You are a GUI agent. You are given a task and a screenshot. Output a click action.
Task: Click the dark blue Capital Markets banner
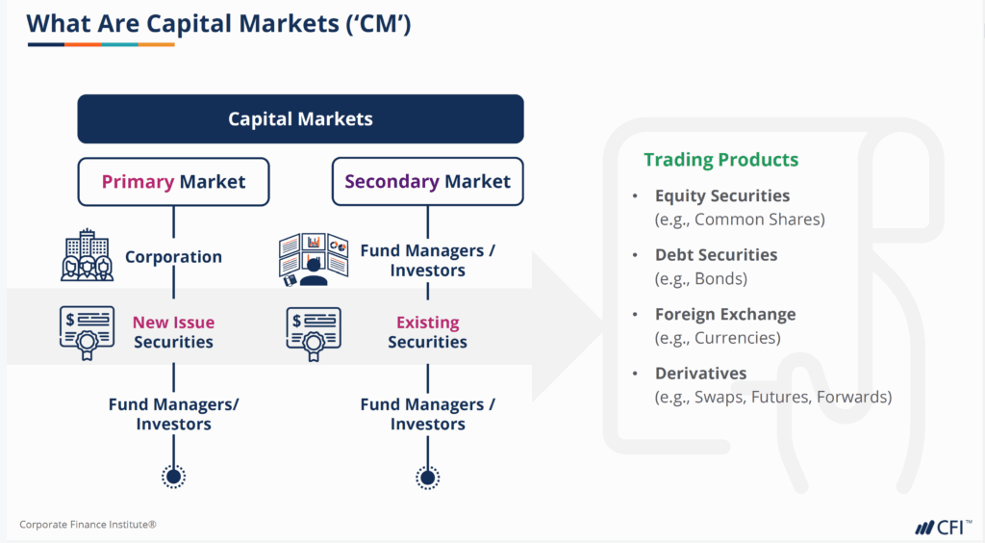[300, 119]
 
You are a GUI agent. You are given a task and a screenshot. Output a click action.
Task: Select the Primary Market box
[173, 181]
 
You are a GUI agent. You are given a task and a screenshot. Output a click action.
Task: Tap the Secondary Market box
[427, 181]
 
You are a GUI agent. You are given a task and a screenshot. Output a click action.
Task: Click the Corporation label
[173, 257]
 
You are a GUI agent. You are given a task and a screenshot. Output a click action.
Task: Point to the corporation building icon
[87, 256]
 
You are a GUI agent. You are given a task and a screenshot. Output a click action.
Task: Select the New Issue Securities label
[173, 332]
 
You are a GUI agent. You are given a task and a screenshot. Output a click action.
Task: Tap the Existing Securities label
[427, 332]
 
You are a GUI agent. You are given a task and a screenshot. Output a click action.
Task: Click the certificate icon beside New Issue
[87, 332]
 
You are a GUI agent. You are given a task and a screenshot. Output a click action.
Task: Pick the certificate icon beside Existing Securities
[314, 332]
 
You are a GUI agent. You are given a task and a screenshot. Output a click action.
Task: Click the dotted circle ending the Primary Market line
[173, 476]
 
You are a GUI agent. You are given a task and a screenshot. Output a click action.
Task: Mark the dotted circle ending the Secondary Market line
[427, 476]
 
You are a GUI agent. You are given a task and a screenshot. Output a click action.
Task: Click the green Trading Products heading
[720, 160]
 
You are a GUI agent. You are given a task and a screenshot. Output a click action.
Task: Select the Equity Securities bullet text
[722, 196]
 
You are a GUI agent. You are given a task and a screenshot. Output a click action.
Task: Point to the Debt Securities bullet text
[716, 255]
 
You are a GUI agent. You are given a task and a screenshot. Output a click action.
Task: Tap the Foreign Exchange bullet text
[725, 315]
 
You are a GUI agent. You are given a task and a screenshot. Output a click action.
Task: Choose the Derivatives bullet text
[700, 374]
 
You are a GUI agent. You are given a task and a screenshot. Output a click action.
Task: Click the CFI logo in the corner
[942, 526]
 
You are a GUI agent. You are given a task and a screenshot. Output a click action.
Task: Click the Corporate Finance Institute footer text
[88, 525]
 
